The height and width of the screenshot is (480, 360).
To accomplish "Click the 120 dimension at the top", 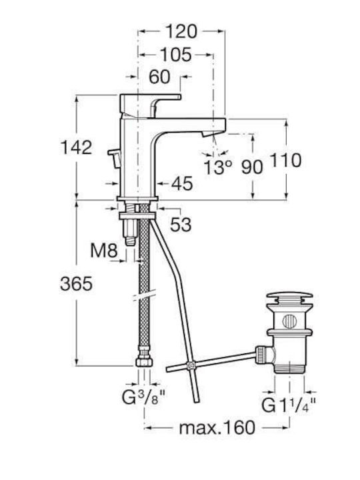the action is click(x=181, y=31).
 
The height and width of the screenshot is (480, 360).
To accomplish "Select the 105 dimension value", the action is click(x=176, y=55).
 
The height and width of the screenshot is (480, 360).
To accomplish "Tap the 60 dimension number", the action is click(x=159, y=77).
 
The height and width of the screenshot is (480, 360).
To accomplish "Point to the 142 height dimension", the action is click(x=76, y=147).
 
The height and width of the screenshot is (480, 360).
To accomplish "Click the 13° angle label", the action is click(x=217, y=167).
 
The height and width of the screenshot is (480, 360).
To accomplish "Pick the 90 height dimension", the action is click(x=252, y=167).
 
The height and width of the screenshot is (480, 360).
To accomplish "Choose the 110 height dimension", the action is click(x=285, y=161).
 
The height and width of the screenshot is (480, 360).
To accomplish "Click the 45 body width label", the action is click(x=182, y=184).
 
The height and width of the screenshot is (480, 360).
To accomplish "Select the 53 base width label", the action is click(x=181, y=225).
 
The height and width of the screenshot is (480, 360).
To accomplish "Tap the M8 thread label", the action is click(x=104, y=251).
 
